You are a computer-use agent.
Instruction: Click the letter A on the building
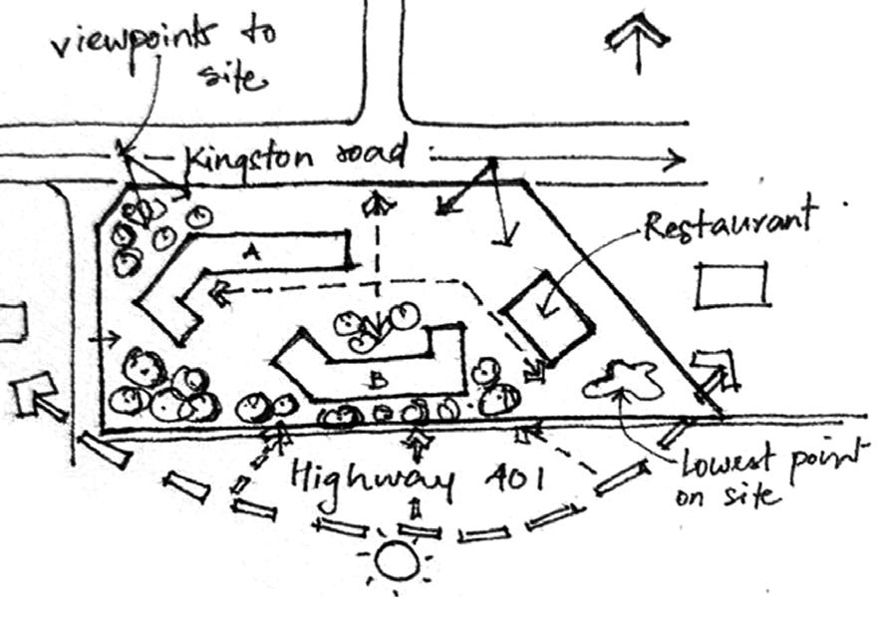click(250, 256)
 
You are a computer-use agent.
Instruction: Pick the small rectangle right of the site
click(733, 285)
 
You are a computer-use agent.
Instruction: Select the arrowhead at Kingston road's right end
click(676, 158)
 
